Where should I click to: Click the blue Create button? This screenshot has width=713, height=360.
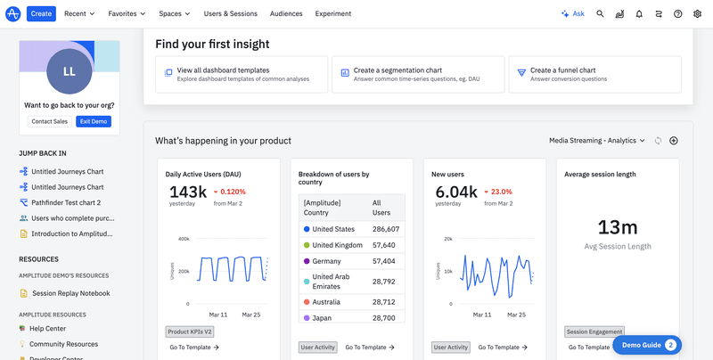40,14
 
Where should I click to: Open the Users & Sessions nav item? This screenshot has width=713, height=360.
230,14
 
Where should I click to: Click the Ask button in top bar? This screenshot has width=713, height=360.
572,14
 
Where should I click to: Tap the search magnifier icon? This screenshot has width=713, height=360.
600,14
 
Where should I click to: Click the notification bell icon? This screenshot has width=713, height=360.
639,14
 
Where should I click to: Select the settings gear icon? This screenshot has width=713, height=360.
698,14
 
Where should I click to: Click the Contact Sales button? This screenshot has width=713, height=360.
50,121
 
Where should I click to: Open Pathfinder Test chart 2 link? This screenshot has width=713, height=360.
65,202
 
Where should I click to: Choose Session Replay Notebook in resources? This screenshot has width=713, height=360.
70,293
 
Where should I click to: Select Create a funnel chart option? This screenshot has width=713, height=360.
594,74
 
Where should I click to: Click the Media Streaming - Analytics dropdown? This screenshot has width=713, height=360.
598,141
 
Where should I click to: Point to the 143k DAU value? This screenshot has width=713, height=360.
188,192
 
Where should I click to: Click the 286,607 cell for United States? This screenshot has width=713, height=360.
385,229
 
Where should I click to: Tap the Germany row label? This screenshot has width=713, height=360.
328,261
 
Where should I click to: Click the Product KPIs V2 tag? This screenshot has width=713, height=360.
190,331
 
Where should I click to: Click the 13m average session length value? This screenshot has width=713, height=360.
617,227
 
